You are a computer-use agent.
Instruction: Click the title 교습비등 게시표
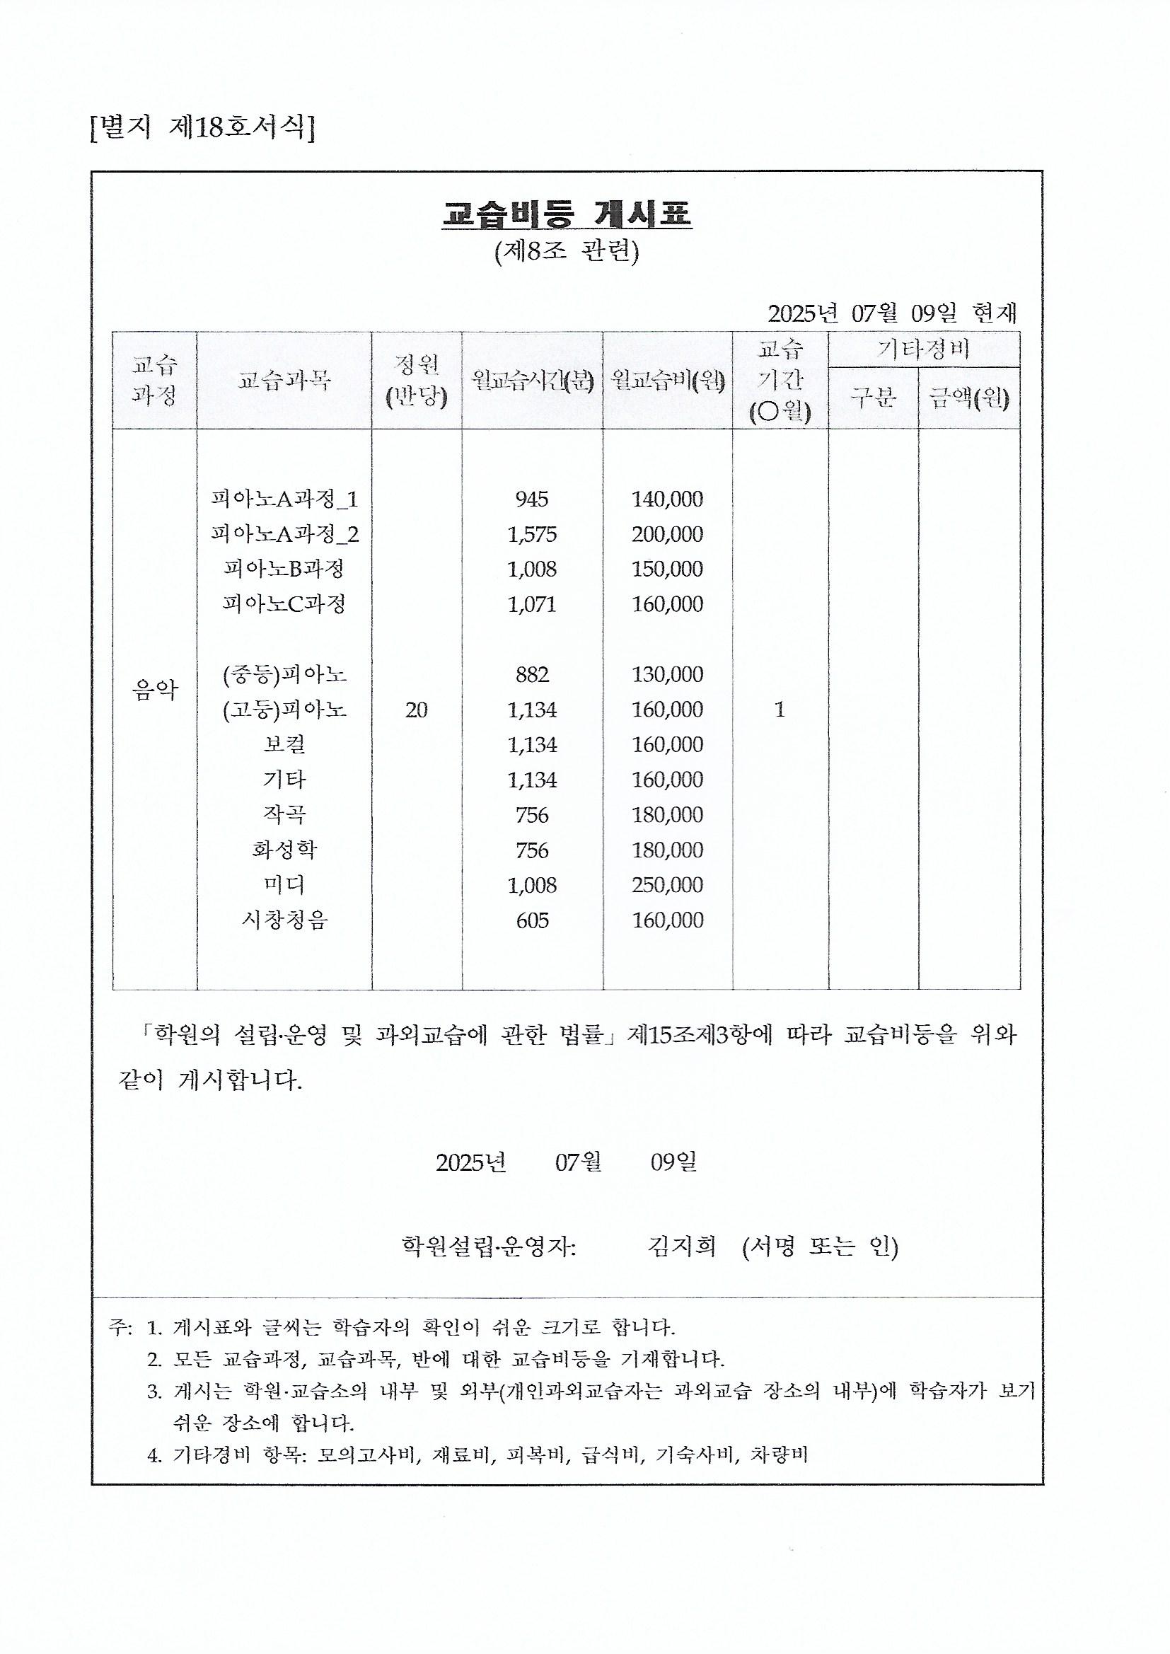567,213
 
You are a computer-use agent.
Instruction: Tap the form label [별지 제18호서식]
202,128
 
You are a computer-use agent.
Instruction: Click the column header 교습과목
284,380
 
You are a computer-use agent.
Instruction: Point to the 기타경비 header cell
923,349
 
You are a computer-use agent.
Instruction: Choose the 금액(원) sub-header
969,398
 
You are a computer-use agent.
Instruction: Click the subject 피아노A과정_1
284,499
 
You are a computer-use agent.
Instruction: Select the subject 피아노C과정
284,603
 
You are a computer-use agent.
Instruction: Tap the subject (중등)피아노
284,674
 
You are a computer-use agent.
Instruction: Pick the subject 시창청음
284,920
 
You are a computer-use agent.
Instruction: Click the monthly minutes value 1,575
532,534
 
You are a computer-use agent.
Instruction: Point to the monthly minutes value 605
532,920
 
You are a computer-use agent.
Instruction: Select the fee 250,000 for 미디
667,884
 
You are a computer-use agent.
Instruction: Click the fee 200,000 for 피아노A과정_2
667,534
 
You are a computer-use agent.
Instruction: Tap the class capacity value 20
417,710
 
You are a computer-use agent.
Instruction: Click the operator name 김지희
680,1246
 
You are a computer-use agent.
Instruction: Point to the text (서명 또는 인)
820,1246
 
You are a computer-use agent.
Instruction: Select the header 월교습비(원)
667,380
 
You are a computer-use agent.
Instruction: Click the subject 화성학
284,850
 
